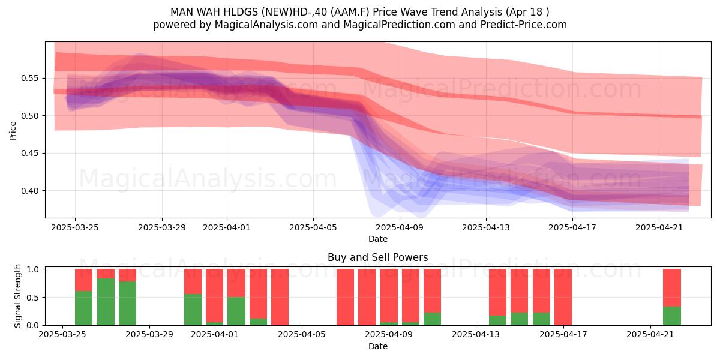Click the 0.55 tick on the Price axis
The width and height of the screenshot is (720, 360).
tap(29, 79)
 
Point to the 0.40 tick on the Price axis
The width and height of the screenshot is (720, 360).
tap(29, 191)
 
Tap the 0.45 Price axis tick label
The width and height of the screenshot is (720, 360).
tap(29, 154)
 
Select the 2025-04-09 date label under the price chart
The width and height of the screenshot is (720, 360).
tap(400, 228)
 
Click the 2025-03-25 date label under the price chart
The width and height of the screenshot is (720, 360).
tap(75, 228)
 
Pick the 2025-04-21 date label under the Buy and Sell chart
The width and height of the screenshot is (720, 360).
tap(650, 335)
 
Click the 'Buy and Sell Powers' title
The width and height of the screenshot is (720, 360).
tap(377, 257)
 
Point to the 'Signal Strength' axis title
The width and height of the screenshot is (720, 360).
tap(17, 296)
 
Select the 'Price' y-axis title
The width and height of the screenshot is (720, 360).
tap(13, 131)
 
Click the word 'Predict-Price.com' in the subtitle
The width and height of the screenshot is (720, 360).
tap(524, 25)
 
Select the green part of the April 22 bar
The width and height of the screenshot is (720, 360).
tap(672, 316)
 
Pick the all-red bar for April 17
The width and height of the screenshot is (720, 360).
tap(563, 297)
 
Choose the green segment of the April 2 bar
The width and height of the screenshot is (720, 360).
tap(236, 311)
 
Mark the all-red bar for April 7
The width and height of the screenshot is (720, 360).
tap(345, 297)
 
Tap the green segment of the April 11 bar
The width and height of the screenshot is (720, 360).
tap(433, 319)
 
